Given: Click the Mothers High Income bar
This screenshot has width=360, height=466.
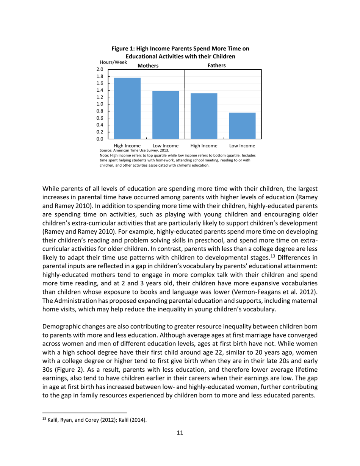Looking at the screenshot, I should [x=127, y=108].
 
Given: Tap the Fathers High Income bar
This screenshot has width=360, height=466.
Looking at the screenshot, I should [x=204, y=116].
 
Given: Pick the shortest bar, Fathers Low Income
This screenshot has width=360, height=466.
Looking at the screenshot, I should [x=242, y=126].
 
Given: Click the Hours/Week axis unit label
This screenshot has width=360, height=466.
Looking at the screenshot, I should [x=113, y=62].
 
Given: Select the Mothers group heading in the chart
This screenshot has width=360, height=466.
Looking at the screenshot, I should [x=148, y=66].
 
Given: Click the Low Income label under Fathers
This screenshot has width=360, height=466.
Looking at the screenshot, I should [x=242, y=145].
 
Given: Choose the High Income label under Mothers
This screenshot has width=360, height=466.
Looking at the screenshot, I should [x=127, y=145].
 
